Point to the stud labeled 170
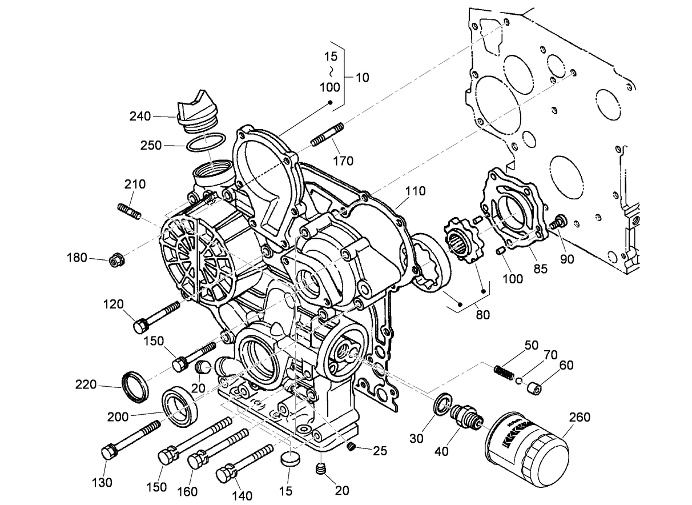327,134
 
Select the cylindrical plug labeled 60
534,390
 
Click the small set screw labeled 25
352,446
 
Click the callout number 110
415,191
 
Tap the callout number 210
135,185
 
